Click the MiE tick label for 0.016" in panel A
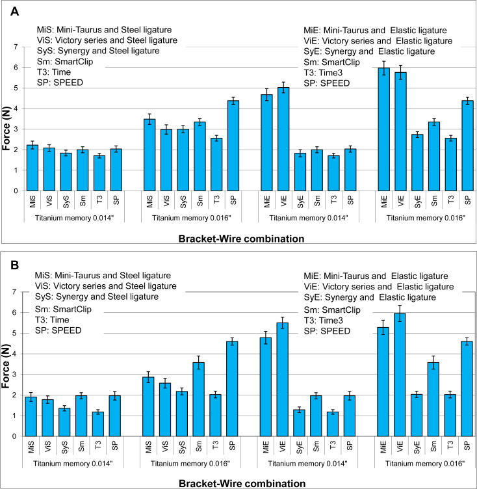(385, 202)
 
